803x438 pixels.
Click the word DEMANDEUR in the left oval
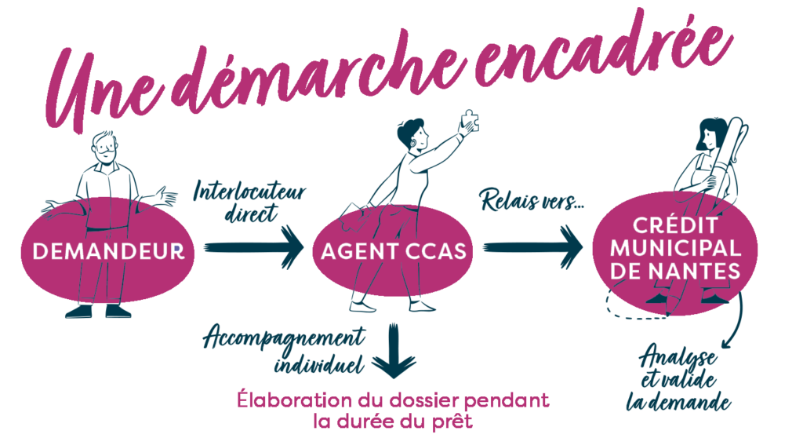point(108,251)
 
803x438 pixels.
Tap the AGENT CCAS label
point(394,251)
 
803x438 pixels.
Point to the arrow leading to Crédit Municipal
point(533,247)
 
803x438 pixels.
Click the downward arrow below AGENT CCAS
point(394,351)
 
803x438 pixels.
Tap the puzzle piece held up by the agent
point(471,121)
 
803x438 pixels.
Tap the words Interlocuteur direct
point(249,203)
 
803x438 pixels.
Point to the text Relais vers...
point(532,200)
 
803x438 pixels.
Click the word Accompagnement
point(284,338)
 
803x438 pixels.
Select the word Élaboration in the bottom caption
point(295,400)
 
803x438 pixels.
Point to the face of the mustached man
point(106,148)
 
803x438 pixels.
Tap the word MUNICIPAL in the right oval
point(675,248)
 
